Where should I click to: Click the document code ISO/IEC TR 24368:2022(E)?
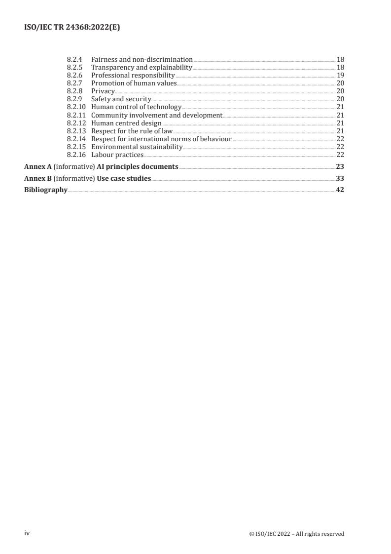pos(72,28)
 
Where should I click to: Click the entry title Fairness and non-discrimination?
pos(142,59)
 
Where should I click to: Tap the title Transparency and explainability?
pos(142,67)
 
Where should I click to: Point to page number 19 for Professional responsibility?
pos(340,75)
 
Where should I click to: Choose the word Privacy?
pos(103,91)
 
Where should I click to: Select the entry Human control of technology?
pos(136,107)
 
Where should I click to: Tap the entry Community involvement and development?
pos(157,115)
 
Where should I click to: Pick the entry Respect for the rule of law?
pos(132,131)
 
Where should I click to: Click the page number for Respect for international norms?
pos(340,139)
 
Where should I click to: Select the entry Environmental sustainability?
pos(137,147)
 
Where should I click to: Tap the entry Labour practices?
pos(117,155)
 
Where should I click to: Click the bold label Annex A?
pos(38,166)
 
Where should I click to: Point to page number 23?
pos(340,166)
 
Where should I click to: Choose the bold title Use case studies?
pos(124,178)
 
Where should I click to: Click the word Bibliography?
pos(46,190)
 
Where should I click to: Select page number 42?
pos(340,190)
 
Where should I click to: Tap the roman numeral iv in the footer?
pos(27,533)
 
